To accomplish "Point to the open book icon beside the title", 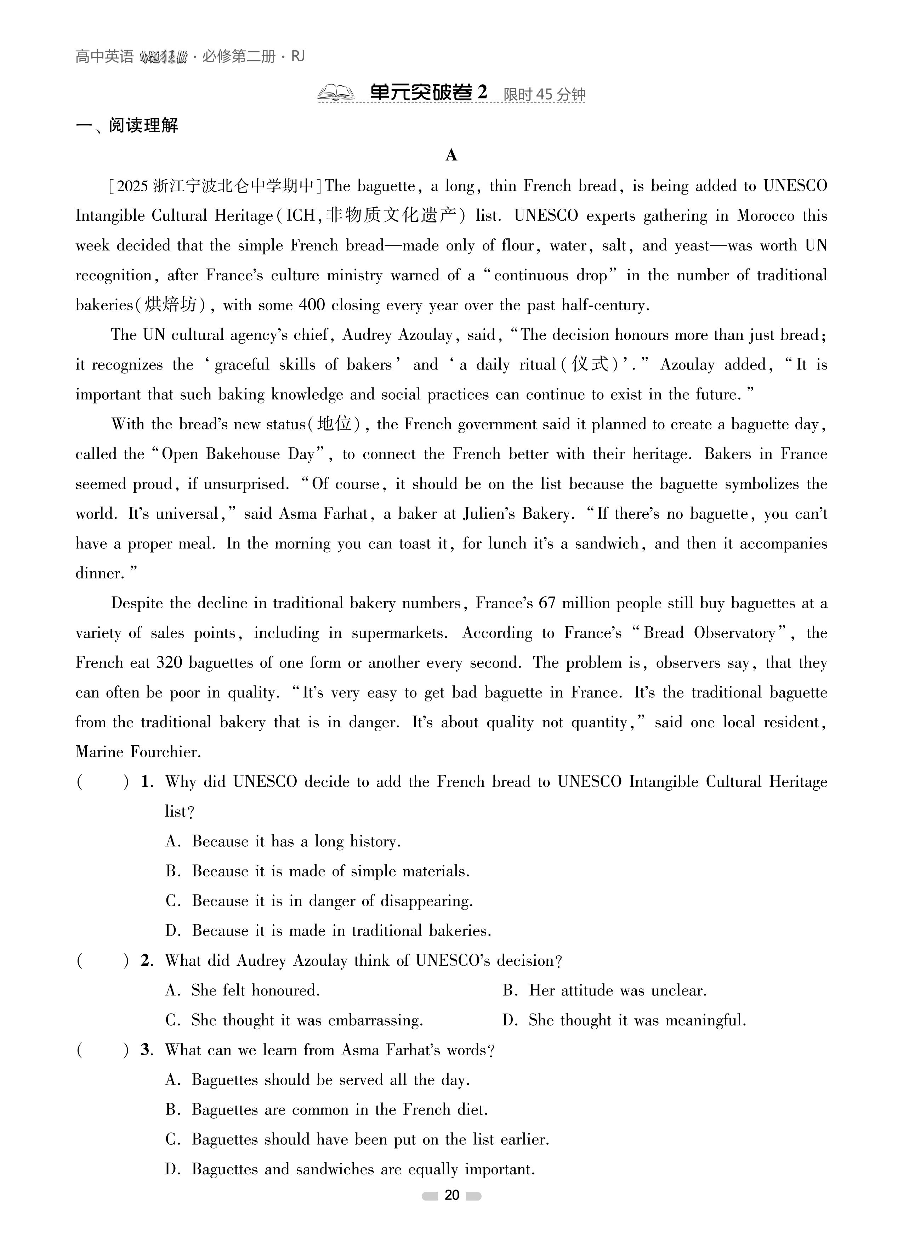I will (x=335, y=93).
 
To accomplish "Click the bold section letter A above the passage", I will (x=451, y=156).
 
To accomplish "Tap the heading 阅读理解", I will (x=143, y=125).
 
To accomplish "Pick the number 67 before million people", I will (x=547, y=603).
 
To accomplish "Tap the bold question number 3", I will (x=146, y=1050).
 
